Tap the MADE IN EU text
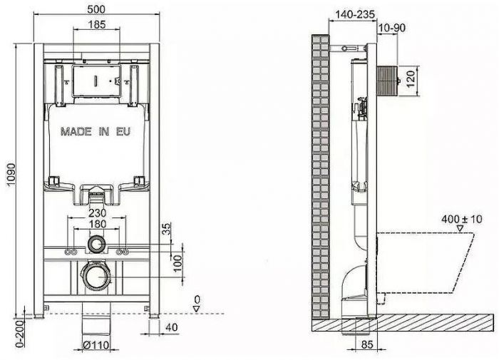(x=96, y=132)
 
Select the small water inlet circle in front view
(x=96, y=246)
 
